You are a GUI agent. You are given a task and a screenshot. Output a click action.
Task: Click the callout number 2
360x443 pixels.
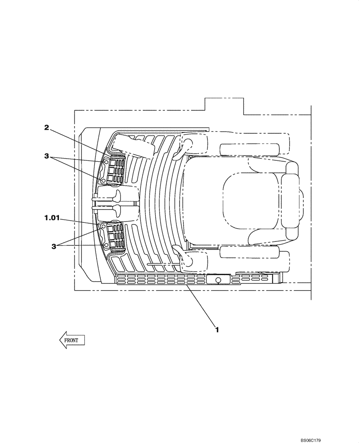(46, 128)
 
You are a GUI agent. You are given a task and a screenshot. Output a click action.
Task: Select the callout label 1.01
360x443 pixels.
(51, 218)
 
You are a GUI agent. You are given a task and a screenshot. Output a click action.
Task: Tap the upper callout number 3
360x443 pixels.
(46, 156)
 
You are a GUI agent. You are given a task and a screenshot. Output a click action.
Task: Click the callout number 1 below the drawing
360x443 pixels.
(217, 329)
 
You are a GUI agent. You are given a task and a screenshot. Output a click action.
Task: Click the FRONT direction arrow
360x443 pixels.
(71, 340)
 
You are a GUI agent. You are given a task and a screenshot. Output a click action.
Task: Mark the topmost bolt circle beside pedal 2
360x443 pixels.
(106, 163)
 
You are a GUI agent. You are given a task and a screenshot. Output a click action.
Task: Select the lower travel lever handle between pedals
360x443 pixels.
(118, 207)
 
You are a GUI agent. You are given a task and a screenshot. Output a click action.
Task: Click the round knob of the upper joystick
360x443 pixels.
(187, 143)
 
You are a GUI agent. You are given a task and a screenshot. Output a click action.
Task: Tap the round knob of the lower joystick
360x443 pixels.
(187, 261)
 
